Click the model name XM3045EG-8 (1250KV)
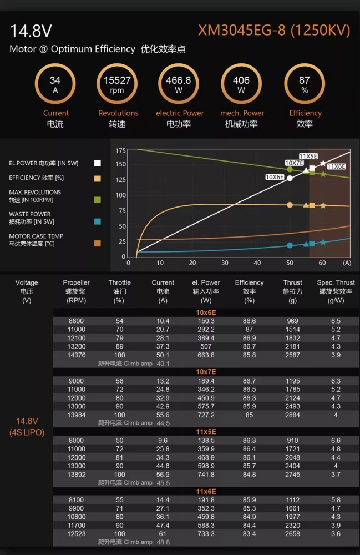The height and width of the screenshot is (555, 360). point(274,31)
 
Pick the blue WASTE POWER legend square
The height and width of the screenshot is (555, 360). point(97,221)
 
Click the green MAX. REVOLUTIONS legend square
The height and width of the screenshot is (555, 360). point(97,200)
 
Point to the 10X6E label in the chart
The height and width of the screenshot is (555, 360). point(275,177)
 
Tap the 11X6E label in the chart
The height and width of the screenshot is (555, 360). point(336,167)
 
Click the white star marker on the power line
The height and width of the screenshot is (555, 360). point(323,163)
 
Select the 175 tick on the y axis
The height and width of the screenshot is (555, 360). point(120,151)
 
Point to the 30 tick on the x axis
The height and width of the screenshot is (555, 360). point(225,263)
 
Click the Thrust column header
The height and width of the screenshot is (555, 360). point(292,291)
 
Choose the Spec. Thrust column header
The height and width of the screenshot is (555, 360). point(336,291)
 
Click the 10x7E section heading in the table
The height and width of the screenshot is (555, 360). point(206,372)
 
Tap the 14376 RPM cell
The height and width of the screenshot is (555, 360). point(77,355)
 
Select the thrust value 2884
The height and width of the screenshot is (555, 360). point(292,415)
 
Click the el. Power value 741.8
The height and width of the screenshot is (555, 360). point(206,475)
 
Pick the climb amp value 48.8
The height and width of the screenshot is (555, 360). point(163,542)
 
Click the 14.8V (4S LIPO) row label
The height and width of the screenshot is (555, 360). point(27,426)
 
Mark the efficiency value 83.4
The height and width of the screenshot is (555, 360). point(249,534)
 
